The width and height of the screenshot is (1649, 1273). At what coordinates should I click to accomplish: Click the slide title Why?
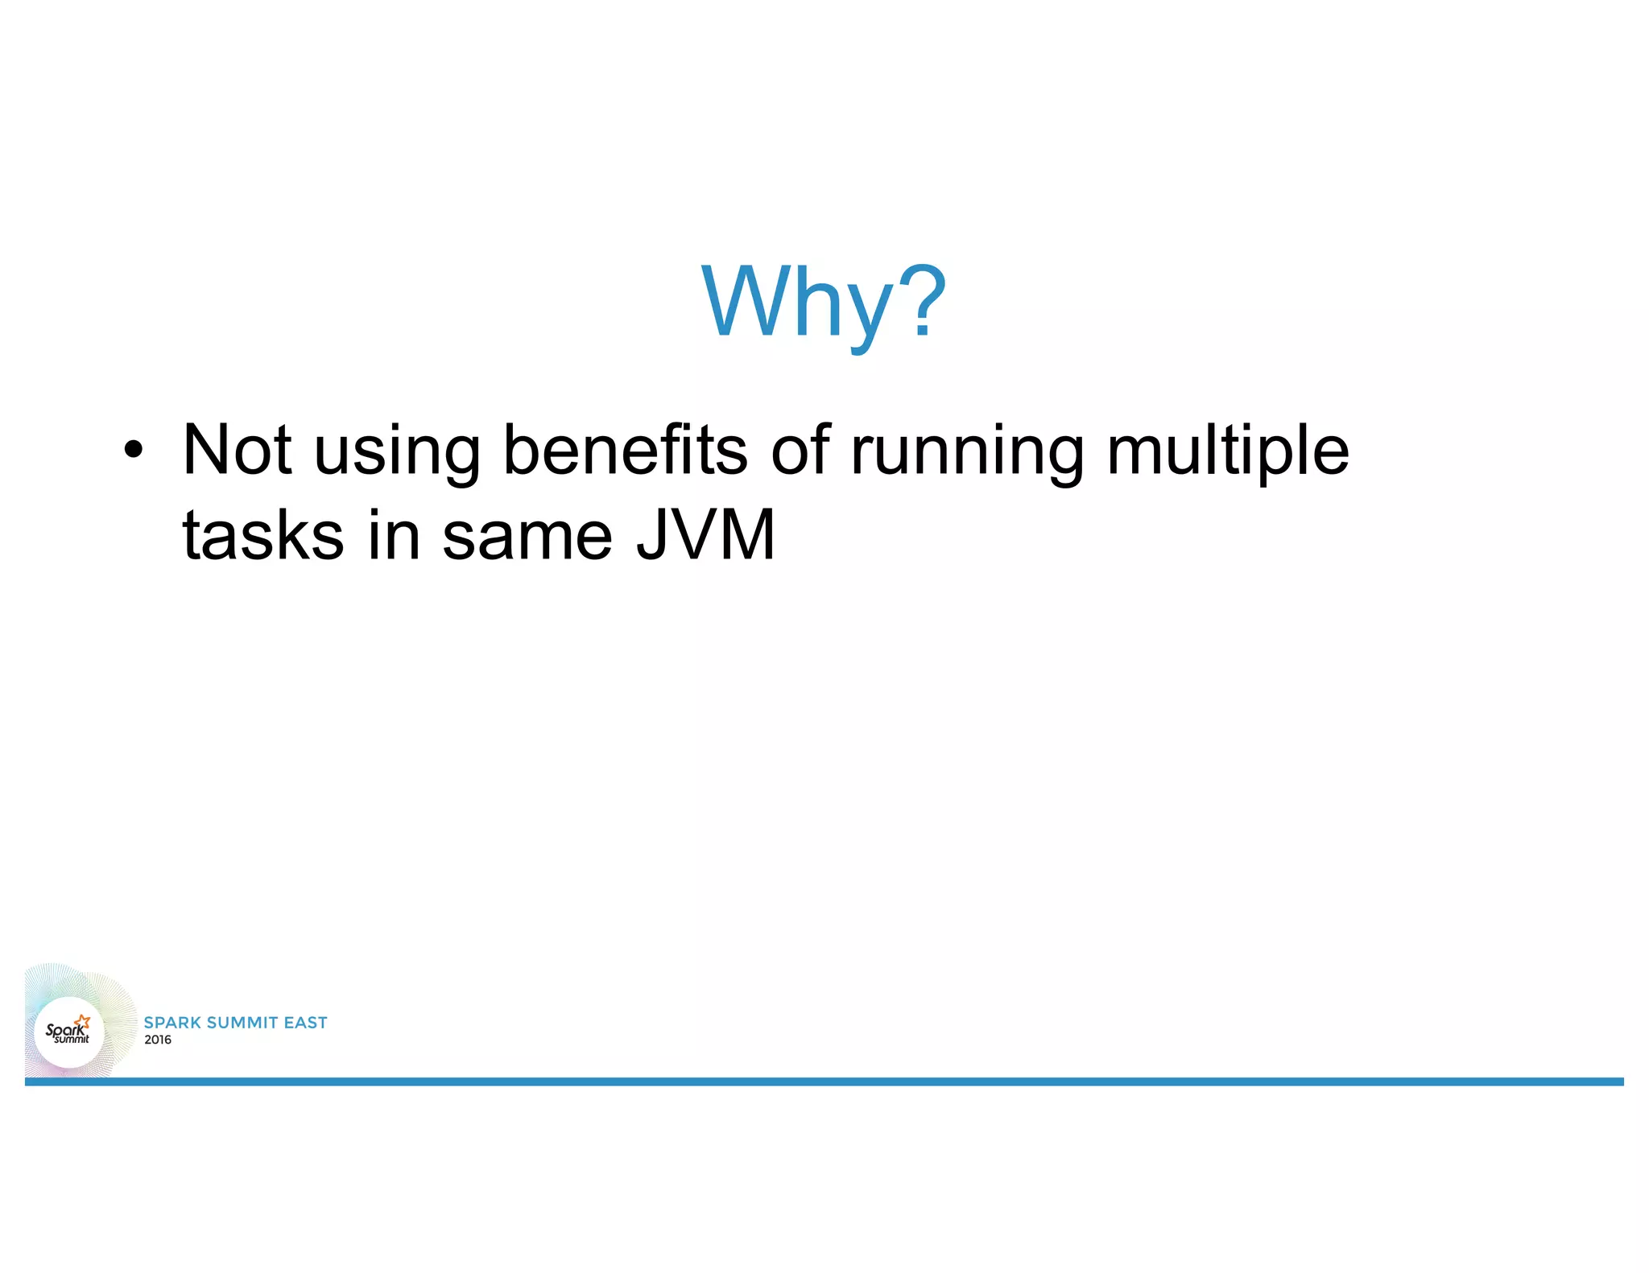pyautogui.click(x=824, y=302)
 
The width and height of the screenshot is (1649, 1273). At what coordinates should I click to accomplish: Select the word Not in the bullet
pyautogui.click(x=237, y=449)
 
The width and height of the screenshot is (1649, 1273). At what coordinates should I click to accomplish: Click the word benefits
pyautogui.click(x=625, y=449)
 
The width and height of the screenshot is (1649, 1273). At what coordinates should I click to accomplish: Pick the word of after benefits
pyautogui.click(x=800, y=449)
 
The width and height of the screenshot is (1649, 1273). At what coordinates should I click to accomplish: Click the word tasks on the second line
pyautogui.click(x=263, y=535)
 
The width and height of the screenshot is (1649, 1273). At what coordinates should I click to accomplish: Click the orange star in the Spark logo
pyautogui.click(x=83, y=1022)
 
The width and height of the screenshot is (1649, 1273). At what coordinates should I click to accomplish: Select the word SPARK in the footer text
pyautogui.click(x=172, y=1023)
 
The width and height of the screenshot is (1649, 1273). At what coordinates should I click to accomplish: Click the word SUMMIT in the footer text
pyautogui.click(x=242, y=1023)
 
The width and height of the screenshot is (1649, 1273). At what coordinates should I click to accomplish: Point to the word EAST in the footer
pyautogui.click(x=306, y=1023)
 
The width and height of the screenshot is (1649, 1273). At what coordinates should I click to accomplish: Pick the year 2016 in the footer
pyautogui.click(x=158, y=1040)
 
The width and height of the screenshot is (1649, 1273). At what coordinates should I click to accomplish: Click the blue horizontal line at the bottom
pyautogui.click(x=824, y=1081)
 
